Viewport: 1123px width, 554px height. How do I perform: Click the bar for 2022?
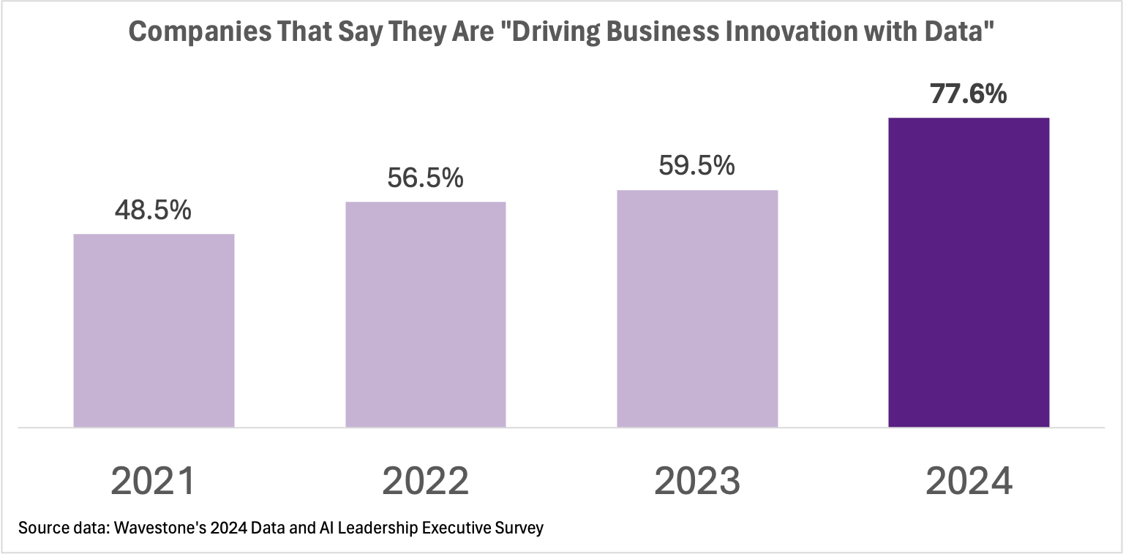[425, 314]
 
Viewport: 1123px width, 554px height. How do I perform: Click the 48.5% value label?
[153, 210]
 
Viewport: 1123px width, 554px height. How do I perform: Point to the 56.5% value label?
[425, 178]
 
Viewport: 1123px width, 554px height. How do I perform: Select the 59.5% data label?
[696, 166]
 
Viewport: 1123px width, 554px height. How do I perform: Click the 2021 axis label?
[154, 481]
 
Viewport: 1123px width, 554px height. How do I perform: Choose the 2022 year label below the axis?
[425, 481]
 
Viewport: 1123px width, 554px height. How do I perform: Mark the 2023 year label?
[697, 481]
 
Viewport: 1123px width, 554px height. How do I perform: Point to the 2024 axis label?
[969, 481]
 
